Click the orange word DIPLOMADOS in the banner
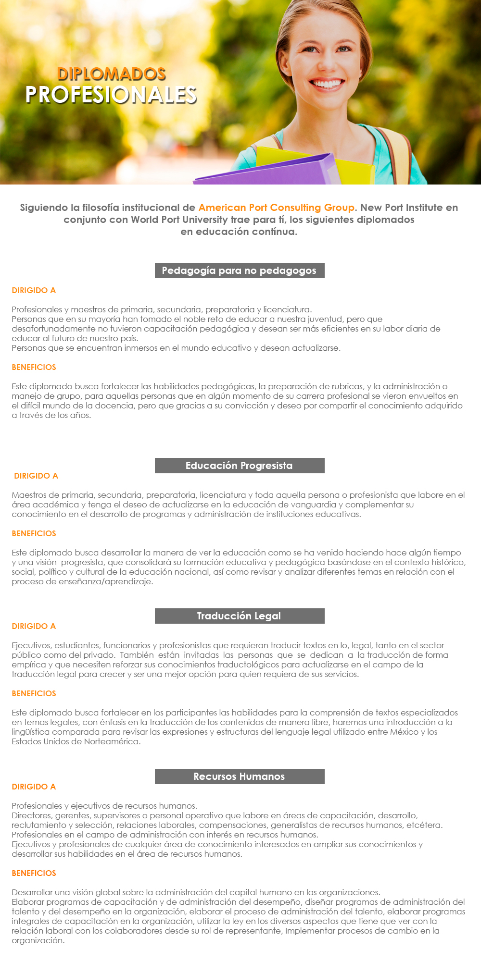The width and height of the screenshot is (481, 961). tap(111, 74)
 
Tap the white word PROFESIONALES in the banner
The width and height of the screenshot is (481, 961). tap(111, 95)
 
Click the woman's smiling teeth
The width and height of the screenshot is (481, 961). tap(328, 84)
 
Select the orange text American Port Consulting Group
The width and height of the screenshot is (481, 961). tap(277, 208)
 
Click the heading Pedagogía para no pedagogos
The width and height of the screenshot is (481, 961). tap(239, 271)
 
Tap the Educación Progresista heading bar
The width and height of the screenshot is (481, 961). tap(239, 466)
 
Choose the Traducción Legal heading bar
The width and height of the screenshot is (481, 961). tap(239, 616)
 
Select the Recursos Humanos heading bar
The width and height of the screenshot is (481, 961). tap(239, 776)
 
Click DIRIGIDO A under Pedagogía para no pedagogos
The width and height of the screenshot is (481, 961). tap(34, 290)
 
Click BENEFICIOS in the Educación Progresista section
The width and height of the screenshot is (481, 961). tap(34, 533)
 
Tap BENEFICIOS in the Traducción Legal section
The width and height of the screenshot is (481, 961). tap(34, 693)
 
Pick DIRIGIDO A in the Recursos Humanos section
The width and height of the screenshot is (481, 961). tap(34, 787)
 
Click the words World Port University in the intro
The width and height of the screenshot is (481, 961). tap(179, 220)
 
